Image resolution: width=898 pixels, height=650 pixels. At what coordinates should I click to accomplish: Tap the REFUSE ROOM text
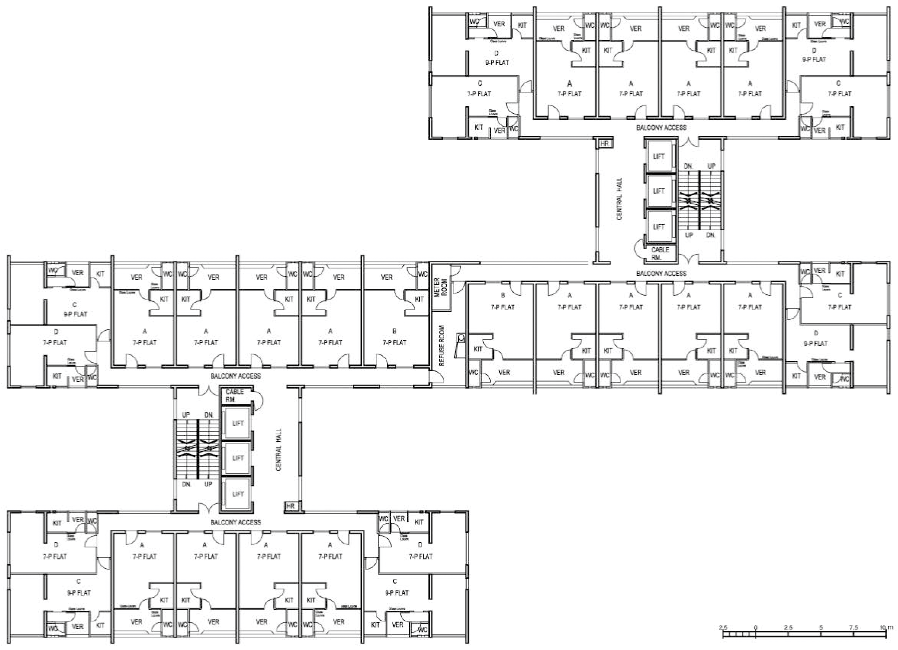click(442, 345)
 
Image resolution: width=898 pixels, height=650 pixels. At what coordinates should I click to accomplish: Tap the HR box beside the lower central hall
click(291, 506)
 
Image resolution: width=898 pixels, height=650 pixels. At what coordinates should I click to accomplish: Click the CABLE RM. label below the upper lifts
click(660, 253)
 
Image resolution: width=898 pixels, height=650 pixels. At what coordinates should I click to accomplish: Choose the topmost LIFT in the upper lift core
click(658, 156)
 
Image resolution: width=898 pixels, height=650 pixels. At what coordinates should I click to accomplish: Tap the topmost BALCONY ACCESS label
click(661, 127)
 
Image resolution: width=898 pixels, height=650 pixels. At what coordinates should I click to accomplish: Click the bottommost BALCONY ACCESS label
click(236, 522)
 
